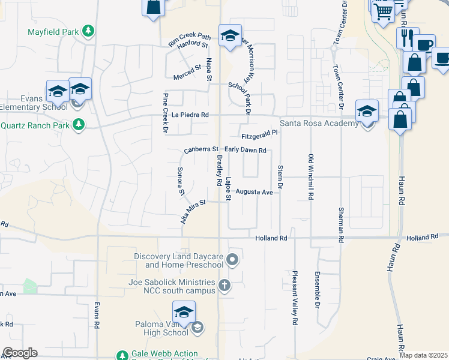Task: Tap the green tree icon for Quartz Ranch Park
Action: click(x=77, y=125)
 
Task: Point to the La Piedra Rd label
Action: click(x=190, y=115)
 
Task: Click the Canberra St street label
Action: click(x=200, y=149)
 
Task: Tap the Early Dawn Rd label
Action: click(x=245, y=150)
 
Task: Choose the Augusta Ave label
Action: click(x=254, y=192)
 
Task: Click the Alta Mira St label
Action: click(x=193, y=211)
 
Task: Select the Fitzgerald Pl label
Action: click(x=261, y=134)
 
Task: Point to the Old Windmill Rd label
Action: click(x=311, y=177)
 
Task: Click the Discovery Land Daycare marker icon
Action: click(x=233, y=260)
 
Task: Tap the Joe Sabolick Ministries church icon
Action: click(x=224, y=285)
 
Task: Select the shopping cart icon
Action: click(x=383, y=11)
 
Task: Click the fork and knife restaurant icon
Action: click(x=407, y=37)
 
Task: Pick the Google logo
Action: click(x=20, y=353)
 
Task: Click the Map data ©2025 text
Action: click(x=423, y=355)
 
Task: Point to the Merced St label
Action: click(x=187, y=71)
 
